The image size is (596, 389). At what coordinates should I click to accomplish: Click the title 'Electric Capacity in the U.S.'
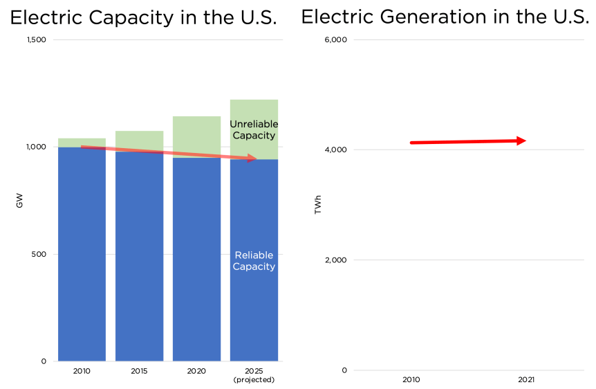tap(144, 17)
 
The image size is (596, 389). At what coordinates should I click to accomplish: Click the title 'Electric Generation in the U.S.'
tap(445, 17)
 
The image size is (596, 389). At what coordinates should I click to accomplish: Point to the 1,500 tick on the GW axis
tap(36, 40)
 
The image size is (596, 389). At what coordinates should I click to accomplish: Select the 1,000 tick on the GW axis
tap(36, 147)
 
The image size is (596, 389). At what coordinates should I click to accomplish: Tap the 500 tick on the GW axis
tap(40, 254)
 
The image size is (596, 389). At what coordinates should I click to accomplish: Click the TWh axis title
tap(318, 205)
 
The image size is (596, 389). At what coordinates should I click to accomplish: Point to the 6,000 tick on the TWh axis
tap(335, 40)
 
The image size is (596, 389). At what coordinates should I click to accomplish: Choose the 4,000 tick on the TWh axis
tap(335, 150)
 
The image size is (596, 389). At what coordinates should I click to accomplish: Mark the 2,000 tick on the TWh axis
tap(335, 260)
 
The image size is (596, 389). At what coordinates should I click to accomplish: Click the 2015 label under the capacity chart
tap(139, 372)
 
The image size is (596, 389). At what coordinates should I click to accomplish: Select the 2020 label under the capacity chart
tap(196, 372)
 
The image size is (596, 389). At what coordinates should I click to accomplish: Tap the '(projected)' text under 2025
tap(254, 380)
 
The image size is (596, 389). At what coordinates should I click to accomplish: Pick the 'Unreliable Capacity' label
tap(253, 129)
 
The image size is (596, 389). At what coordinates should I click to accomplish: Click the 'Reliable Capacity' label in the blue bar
tap(254, 260)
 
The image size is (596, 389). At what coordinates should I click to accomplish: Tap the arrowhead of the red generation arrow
tap(521, 141)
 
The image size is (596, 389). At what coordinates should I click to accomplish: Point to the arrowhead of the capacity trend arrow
tap(252, 159)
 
